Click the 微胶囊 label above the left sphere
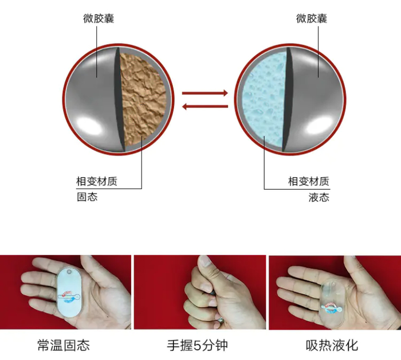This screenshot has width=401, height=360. point(99,18)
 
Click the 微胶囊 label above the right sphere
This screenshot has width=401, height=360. point(312,18)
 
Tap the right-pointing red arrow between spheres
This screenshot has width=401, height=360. point(205,93)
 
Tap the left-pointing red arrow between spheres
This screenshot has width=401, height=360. point(205,107)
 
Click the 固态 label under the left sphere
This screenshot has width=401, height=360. point(87,197)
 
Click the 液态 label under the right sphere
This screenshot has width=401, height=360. point(319,197)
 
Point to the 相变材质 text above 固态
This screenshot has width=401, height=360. point(97,181)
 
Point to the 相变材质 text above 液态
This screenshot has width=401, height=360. point(309,181)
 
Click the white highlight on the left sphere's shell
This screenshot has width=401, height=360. point(89,126)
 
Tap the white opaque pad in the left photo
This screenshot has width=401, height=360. point(69,292)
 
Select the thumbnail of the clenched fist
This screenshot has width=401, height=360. point(200,292)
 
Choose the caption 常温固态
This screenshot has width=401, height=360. point(64,346)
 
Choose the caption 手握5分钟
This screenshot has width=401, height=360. point(197,346)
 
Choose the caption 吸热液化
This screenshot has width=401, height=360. point(332,346)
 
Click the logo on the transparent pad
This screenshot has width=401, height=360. point(332,308)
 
